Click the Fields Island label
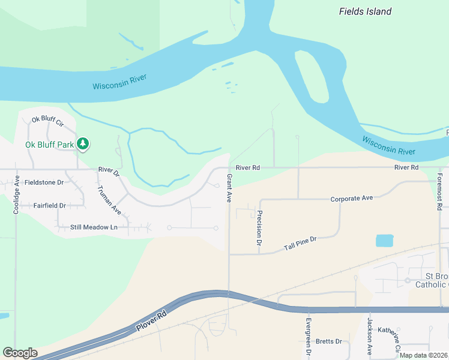365,11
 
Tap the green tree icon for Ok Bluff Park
83,144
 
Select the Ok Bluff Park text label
50,145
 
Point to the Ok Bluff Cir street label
48,121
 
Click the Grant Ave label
229,188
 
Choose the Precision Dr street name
259,229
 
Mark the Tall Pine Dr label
300,243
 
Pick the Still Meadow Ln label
94,227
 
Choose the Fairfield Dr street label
49,205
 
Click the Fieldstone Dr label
44,182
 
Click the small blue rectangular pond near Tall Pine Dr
385,241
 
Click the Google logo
20,353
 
